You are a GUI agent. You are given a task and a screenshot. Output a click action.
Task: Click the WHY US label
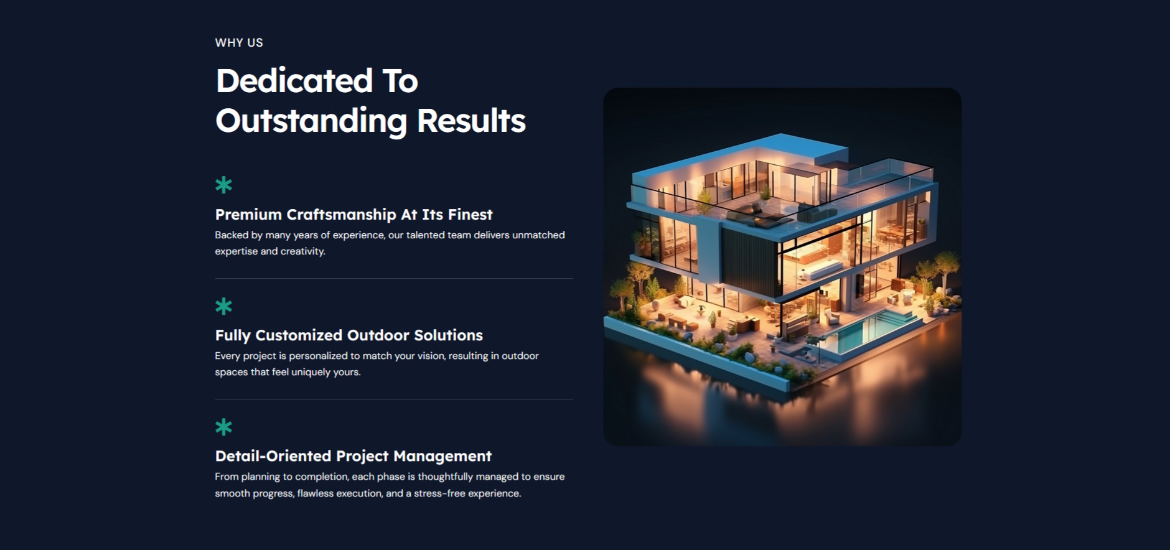[x=239, y=43]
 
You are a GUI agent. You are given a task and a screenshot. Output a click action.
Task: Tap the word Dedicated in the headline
[x=294, y=81]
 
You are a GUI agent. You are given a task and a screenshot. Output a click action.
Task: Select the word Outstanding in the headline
[x=311, y=121]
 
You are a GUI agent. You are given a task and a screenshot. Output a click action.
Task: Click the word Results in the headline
[x=471, y=121]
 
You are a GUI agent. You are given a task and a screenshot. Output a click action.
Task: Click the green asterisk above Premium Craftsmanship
[x=223, y=185]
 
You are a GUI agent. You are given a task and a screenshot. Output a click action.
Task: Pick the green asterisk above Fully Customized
[x=223, y=306]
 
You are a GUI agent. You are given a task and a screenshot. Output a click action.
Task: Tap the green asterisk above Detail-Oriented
[x=223, y=427]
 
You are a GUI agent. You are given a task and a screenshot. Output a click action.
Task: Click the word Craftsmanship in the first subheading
[x=341, y=215]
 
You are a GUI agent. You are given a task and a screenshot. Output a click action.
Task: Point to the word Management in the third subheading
[x=442, y=457]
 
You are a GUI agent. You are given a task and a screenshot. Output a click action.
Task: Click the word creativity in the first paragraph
[x=302, y=251]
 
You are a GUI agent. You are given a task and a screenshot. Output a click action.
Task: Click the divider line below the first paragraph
[x=394, y=278]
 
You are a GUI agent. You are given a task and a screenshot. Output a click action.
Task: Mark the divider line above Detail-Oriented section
[x=394, y=399]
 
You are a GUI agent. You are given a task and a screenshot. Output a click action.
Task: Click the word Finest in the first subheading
[x=470, y=215]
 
